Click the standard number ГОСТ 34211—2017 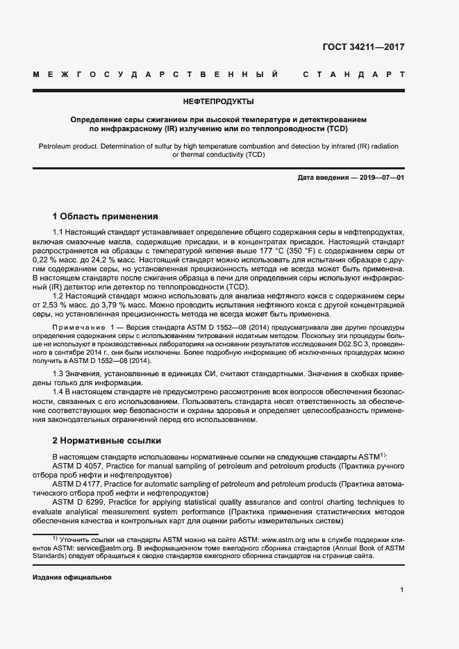(x=363, y=48)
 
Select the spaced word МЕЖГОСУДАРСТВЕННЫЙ (x=156, y=74)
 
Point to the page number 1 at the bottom (x=402, y=590)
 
